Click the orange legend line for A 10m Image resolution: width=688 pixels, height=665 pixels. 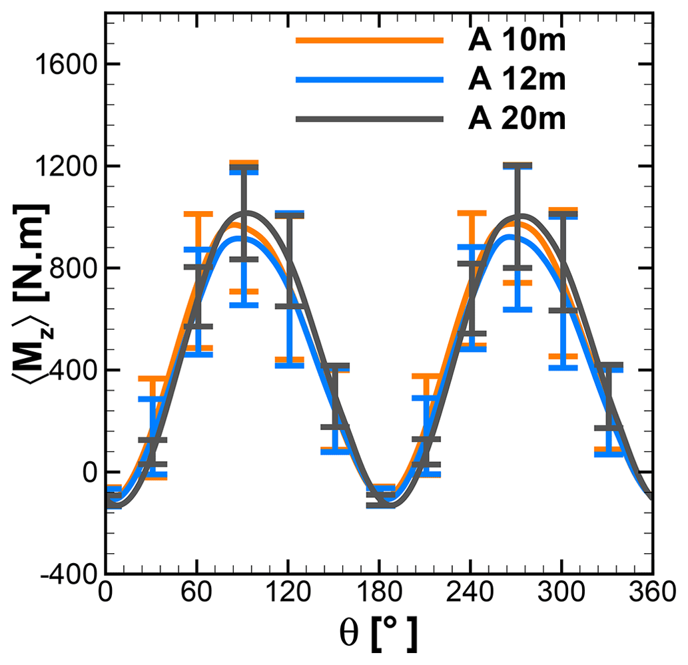coord(369,40)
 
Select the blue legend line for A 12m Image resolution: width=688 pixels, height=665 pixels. coord(369,79)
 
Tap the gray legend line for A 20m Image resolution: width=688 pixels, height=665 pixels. coord(369,119)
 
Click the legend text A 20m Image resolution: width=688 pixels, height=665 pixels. coord(516,119)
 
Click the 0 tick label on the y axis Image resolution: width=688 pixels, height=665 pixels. coord(88,473)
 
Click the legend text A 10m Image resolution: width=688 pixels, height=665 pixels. coord(516,40)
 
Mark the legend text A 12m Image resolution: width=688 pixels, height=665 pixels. coord(516,79)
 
